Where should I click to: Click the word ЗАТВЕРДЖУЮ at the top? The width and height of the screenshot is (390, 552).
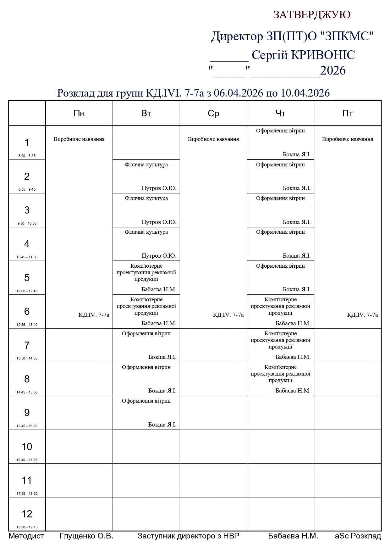pyautogui.click(x=312, y=15)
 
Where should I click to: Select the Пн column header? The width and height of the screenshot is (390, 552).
pyautogui.click(x=79, y=114)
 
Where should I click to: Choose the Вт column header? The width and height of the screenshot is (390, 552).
pyautogui.click(x=146, y=114)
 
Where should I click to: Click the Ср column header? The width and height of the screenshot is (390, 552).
pyautogui.click(x=213, y=114)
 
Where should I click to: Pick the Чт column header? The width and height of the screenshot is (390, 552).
pyautogui.click(x=280, y=114)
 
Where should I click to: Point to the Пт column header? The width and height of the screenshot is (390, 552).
pyautogui.click(x=348, y=114)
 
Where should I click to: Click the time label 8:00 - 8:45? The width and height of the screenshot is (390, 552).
pyautogui.click(x=27, y=156)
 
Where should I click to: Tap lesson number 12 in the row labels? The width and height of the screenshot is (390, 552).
pyautogui.click(x=27, y=514)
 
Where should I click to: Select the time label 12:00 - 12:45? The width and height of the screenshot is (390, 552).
pyautogui.click(x=27, y=291)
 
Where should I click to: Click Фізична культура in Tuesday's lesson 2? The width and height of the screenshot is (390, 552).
pyautogui.click(x=146, y=164)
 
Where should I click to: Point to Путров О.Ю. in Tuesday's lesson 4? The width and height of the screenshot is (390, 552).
pyautogui.click(x=159, y=256)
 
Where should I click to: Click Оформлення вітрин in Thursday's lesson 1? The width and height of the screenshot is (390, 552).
pyautogui.click(x=280, y=131)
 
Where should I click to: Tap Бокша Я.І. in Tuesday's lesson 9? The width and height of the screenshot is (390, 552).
pyautogui.click(x=162, y=425)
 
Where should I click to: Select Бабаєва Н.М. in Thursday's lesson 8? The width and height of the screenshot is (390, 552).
pyautogui.click(x=293, y=391)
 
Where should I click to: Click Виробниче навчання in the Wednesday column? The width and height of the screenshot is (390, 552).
pyautogui.click(x=213, y=139)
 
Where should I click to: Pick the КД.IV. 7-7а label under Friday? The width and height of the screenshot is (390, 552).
pyautogui.click(x=362, y=315)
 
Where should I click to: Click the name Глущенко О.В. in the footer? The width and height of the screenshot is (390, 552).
pyautogui.click(x=86, y=536)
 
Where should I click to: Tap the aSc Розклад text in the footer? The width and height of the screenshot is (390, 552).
pyautogui.click(x=358, y=536)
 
